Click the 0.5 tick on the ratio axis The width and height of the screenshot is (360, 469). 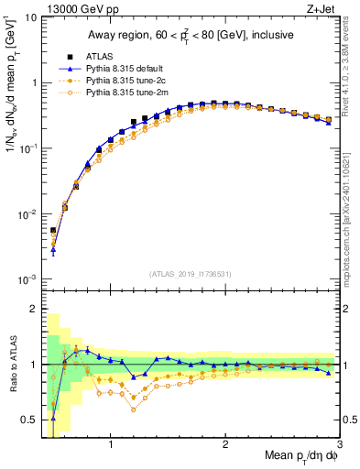(29, 420)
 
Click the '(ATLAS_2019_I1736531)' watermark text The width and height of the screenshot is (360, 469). (190, 274)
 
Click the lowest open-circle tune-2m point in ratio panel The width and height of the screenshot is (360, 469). (134, 409)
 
